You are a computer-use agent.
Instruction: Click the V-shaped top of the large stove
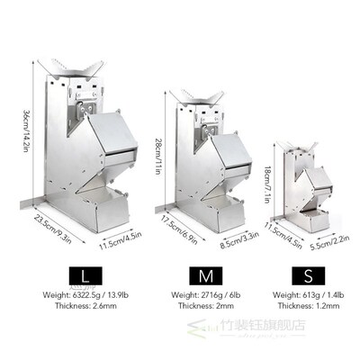tap(80, 68)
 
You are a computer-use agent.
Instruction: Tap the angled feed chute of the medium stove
tap(225, 148)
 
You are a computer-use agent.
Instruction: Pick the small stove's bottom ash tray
tap(310, 219)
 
